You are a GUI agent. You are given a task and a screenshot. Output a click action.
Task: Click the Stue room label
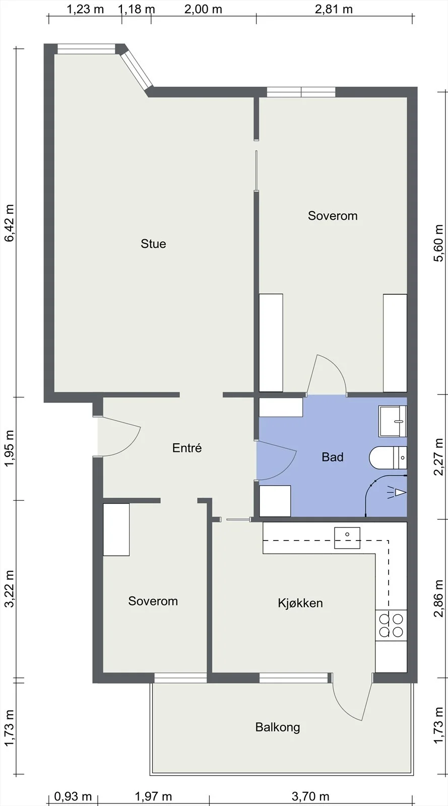pyautogui.click(x=153, y=244)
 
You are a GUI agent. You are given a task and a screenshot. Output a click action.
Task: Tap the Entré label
pyautogui.click(x=187, y=448)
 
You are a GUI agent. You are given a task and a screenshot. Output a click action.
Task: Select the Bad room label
pyautogui.click(x=333, y=457)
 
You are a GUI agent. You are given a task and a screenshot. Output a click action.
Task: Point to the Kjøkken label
pyautogui.click(x=300, y=602)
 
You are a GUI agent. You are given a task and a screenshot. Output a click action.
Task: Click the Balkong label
pyautogui.click(x=278, y=727)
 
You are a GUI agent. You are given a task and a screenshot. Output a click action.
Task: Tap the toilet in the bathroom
pyautogui.click(x=388, y=458)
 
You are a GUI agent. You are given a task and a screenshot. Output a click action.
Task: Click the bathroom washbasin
pyautogui.click(x=393, y=421)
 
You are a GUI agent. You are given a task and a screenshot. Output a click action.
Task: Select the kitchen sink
pyautogui.click(x=347, y=538)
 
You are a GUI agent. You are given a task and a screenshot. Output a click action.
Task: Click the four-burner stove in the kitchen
pyautogui.click(x=391, y=625)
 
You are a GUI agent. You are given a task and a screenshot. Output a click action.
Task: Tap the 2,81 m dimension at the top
pyautogui.click(x=334, y=10)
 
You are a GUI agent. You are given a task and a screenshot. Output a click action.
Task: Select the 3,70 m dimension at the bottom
pyautogui.click(x=310, y=796)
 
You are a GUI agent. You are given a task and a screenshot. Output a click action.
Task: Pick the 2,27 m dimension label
pyautogui.click(x=438, y=457)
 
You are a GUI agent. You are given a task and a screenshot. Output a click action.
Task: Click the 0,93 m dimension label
pyautogui.click(x=73, y=796)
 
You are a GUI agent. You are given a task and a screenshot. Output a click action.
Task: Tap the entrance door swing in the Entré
pyautogui.click(x=119, y=436)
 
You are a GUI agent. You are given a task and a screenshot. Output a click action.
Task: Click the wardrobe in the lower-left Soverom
pyautogui.click(x=116, y=529)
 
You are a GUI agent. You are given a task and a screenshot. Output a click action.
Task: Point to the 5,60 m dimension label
pyautogui.click(x=438, y=243)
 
